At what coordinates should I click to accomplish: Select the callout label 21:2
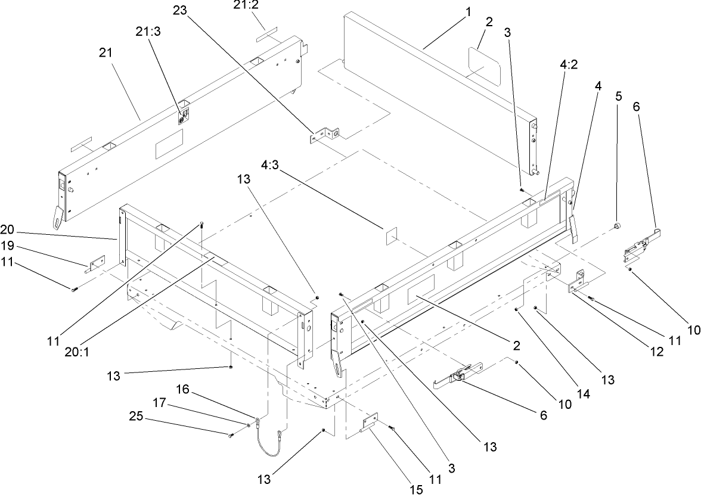[x=247, y=6]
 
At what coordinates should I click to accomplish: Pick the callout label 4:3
[x=273, y=163]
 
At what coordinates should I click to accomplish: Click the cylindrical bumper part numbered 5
[x=618, y=226]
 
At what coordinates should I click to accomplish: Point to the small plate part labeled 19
[x=96, y=263]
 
